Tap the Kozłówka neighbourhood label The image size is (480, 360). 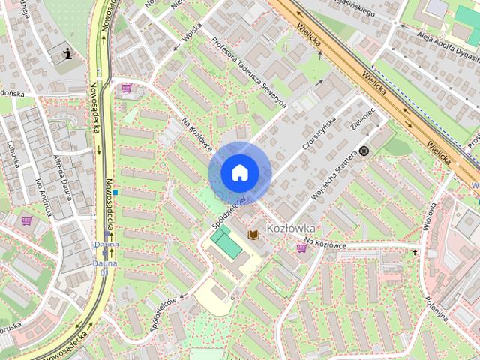(291, 226)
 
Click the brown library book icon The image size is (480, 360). (253, 235)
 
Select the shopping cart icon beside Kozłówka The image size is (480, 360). (301, 248)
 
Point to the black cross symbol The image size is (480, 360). (414, 253)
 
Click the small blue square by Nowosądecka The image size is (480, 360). (116, 193)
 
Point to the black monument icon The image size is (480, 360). (69, 53)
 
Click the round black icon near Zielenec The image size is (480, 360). (364, 151)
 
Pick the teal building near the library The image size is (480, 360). (223, 242)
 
